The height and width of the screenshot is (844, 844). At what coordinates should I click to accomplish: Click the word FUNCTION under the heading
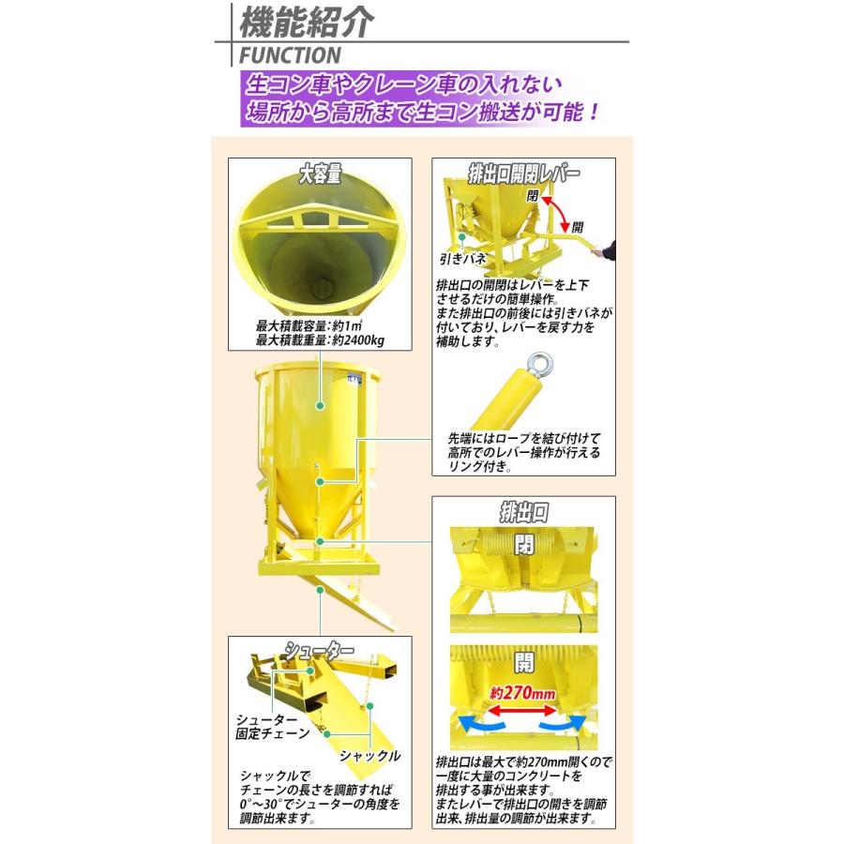point(290,55)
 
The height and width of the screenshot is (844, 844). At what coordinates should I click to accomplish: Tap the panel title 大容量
point(320,174)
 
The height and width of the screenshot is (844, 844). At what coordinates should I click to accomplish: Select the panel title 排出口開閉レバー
point(524,174)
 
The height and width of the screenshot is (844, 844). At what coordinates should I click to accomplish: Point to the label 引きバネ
point(460,256)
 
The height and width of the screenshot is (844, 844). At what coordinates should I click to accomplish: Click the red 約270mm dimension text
point(523,695)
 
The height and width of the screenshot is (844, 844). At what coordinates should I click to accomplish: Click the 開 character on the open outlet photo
point(523,663)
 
